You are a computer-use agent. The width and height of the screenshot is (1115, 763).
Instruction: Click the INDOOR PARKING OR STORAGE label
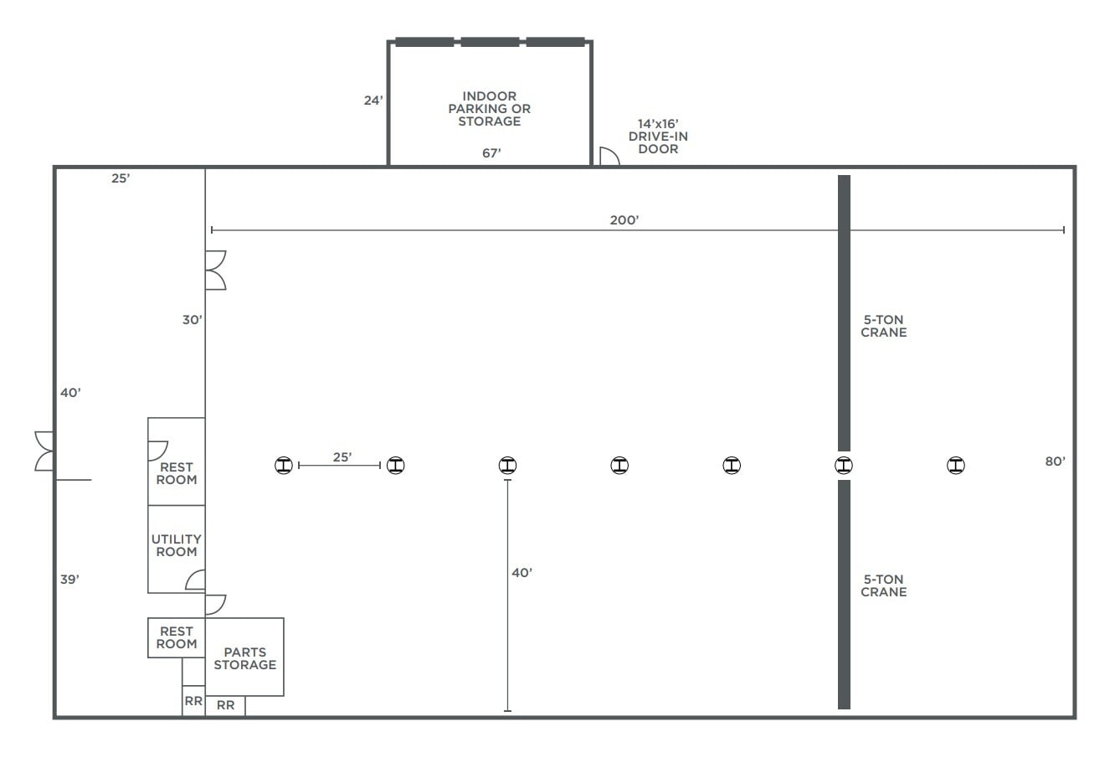click(489, 109)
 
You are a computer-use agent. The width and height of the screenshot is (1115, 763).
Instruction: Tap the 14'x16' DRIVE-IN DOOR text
click(658, 136)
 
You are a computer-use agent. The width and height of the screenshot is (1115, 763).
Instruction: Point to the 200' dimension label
click(624, 219)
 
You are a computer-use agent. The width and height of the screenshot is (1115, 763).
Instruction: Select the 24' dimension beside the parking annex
click(373, 101)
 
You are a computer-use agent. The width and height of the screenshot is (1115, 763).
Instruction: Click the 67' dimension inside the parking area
click(491, 153)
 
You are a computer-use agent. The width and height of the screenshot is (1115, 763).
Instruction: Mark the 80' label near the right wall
click(1055, 461)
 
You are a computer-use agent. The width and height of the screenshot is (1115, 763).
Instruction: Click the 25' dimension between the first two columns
click(342, 457)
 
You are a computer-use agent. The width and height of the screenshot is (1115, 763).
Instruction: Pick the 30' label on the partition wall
click(193, 319)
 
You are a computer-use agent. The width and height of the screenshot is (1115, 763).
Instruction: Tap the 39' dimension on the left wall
click(69, 579)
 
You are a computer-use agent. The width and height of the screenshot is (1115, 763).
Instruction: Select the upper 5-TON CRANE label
click(883, 326)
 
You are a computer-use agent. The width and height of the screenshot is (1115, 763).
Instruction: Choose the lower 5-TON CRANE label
click(883, 585)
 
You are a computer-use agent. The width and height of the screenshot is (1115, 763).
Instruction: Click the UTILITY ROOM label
click(177, 545)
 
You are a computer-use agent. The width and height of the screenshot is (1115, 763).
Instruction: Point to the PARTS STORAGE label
click(244, 658)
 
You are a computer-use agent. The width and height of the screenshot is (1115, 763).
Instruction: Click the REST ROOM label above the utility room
click(177, 473)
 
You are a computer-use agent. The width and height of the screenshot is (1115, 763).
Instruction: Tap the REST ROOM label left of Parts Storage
click(177, 637)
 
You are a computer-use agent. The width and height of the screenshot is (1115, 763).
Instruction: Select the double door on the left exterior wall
click(44, 451)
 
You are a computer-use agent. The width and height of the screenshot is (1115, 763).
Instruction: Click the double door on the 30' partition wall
click(215, 270)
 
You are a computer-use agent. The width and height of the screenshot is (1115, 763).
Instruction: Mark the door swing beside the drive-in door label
click(609, 156)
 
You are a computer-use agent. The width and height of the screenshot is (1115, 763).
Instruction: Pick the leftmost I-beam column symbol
click(285, 465)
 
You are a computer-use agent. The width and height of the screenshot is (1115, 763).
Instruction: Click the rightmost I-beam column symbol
click(955, 465)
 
